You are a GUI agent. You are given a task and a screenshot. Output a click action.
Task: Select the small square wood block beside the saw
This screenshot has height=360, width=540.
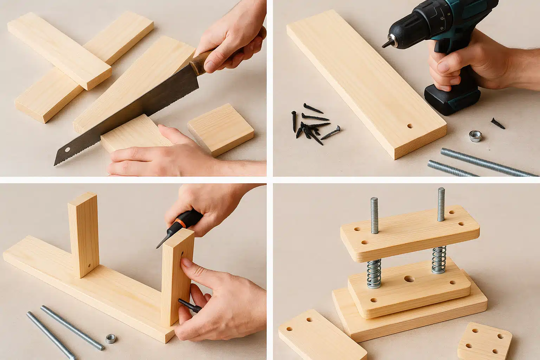click(221, 129)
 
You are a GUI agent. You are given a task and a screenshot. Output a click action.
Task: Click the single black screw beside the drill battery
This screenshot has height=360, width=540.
click(498, 123)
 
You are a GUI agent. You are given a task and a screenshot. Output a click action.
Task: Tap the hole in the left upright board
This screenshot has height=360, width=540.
click(89, 266)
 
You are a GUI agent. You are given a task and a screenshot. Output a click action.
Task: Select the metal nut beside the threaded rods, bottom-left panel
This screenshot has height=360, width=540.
click(111, 339)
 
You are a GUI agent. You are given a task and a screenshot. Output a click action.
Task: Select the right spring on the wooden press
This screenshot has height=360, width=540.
click(439, 259)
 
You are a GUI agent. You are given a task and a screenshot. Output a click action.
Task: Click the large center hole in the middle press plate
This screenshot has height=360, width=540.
click(409, 279)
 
